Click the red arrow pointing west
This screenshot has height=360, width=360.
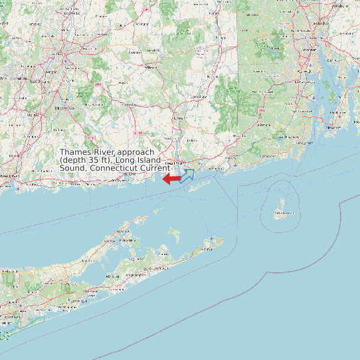(171, 178)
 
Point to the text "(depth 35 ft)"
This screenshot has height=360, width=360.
(86, 160)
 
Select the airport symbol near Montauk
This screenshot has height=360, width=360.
(211, 238)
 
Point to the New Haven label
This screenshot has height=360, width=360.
(9, 175)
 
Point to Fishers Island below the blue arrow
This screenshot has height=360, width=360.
(199, 187)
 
